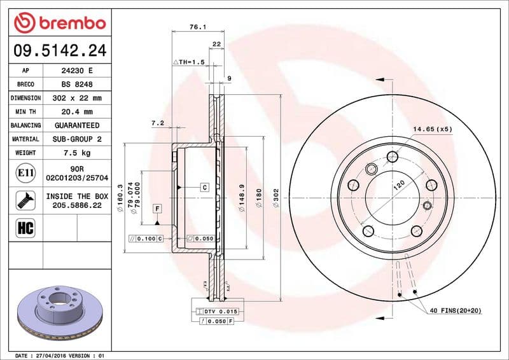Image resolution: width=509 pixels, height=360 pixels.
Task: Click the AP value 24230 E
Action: (76, 71)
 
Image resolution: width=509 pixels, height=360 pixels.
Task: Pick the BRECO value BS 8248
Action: (76, 85)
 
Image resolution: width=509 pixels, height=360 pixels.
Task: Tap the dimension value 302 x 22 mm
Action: (76, 99)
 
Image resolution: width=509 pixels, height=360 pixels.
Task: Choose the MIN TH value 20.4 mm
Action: (76, 112)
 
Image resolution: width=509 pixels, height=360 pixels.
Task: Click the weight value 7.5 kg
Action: (76, 153)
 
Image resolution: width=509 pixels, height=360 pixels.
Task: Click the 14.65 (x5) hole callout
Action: (433, 129)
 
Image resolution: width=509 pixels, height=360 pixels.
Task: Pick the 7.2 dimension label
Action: (158, 122)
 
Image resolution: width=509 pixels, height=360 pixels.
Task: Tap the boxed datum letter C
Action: (205, 187)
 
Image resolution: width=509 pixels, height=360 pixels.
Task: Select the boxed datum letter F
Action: (156, 208)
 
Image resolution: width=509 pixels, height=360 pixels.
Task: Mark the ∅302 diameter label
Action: (275, 198)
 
